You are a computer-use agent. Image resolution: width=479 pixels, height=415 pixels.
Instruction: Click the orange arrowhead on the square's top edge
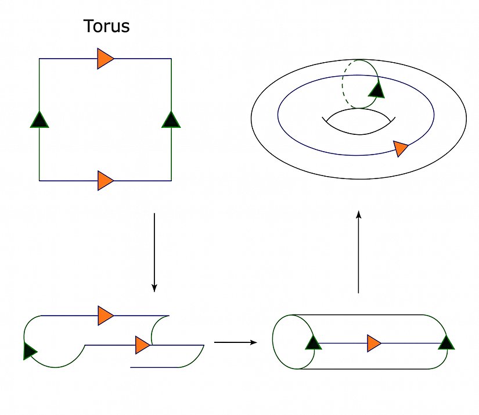tap(105, 59)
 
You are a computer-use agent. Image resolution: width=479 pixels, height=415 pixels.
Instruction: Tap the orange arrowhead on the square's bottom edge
tap(105, 181)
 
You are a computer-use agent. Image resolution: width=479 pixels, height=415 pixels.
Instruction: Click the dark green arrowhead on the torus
tap(377, 89)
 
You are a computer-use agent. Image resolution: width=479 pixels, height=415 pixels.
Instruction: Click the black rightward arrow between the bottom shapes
tap(235, 342)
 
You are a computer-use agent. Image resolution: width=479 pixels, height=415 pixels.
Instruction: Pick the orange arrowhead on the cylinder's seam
tap(374, 343)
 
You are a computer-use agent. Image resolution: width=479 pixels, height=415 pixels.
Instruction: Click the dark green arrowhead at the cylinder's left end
tap(312, 342)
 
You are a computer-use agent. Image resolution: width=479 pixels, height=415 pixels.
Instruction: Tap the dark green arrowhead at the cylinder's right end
tap(446, 342)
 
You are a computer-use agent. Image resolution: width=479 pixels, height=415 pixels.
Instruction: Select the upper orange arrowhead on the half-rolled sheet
tap(105, 316)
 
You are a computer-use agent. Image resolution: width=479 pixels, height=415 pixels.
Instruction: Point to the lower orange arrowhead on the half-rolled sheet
tap(142, 345)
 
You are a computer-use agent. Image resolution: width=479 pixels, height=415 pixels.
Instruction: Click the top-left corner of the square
tap(39, 59)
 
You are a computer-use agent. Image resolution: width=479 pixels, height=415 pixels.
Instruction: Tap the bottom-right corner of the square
tap(171, 181)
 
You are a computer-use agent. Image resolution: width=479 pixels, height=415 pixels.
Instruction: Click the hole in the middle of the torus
tap(359, 120)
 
